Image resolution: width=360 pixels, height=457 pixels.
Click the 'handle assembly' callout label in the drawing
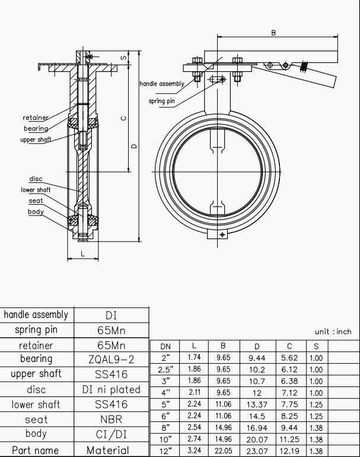(162, 84)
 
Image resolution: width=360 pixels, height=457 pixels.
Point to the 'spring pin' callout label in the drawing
(161, 101)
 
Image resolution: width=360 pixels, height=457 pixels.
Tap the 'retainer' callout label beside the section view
(35, 118)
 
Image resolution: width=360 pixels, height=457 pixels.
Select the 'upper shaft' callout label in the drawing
(36, 139)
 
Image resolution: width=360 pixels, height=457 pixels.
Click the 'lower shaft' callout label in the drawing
(36, 190)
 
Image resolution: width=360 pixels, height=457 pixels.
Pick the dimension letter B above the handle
(273, 33)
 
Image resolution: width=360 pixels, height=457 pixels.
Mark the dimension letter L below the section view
(82, 254)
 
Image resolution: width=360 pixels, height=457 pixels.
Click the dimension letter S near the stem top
(123, 58)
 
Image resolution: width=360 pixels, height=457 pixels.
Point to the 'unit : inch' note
(333, 332)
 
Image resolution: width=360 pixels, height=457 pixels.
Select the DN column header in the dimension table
(166, 346)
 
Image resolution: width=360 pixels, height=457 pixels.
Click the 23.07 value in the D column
(257, 451)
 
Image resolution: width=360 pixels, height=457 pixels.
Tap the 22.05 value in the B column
(224, 451)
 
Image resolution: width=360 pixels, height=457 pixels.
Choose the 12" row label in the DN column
(166, 451)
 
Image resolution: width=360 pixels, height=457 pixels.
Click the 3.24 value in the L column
(194, 451)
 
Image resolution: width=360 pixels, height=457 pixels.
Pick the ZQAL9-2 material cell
(111, 360)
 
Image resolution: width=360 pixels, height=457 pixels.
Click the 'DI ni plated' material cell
(111, 390)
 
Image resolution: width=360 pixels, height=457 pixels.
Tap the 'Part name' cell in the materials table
(36, 450)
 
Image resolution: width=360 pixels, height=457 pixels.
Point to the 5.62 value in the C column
(289, 358)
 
